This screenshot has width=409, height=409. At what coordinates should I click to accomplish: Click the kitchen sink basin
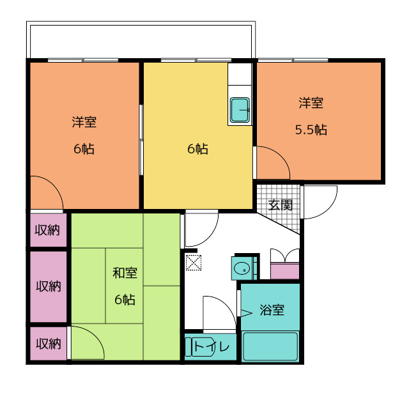(x=240, y=110)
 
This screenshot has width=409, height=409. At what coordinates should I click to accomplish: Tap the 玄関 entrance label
(x=280, y=205)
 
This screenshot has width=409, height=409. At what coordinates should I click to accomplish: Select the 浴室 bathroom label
(x=272, y=310)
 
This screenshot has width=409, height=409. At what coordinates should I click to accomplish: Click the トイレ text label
(x=212, y=346)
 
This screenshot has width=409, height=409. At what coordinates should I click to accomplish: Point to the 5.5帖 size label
(x=311, y=130)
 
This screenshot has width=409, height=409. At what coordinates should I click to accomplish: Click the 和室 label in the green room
(x=125, y=273)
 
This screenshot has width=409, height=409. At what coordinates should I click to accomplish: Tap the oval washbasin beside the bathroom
(x=242, y=268)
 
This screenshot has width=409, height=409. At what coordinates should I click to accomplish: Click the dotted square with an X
(x=193, y=263)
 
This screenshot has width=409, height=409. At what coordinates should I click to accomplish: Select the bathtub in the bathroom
(x=270, y=346)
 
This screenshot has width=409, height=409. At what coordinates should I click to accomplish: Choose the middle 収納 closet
(x=49, y=287)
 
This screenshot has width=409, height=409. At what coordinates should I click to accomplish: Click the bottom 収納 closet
(x=49, y=344)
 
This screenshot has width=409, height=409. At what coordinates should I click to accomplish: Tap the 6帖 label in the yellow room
(x=197, y=149)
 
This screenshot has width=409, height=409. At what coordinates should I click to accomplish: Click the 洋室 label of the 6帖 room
(x=84, y=122)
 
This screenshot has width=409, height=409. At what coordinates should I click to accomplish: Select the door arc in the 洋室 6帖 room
(x=54, y=185)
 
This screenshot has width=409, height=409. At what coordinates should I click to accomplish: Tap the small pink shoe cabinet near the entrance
(x=285, y=271)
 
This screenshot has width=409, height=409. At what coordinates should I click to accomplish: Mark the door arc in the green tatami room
(x=96, y=337)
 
